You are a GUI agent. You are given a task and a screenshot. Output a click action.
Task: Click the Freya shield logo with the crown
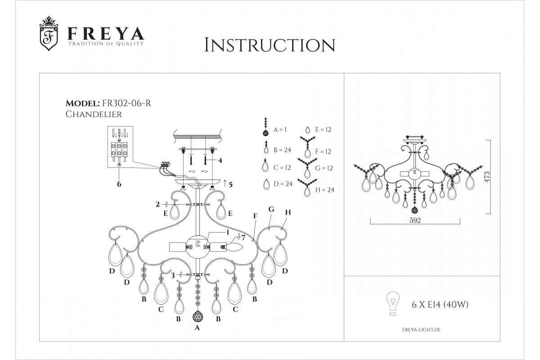[49, 33]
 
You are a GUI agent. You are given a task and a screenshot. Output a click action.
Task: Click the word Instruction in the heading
[270, 45]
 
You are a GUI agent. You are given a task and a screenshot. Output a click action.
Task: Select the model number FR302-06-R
[127, 103]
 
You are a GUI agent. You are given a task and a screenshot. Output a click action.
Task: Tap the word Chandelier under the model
[94, 114]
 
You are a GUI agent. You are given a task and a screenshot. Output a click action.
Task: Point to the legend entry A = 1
[280, 130]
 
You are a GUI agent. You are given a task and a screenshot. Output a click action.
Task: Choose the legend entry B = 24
[282, 150]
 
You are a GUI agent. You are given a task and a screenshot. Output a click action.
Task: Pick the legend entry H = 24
[325, 190]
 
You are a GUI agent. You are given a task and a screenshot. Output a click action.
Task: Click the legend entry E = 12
[323, 130]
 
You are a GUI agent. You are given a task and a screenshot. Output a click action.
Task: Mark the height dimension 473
[487, 177]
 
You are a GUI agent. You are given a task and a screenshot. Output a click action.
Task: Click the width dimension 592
[415, 220]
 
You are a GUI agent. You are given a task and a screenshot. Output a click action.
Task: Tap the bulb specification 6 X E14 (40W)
[440, 305]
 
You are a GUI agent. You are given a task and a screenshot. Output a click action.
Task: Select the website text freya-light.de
[421, 330]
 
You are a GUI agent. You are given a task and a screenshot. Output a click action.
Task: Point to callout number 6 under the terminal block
[119, 184]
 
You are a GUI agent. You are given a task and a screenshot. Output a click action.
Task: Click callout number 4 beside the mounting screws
[220, 160]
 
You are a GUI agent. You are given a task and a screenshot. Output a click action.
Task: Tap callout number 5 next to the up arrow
[230, 184]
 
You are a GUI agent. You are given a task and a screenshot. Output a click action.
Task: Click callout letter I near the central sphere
[227, 232]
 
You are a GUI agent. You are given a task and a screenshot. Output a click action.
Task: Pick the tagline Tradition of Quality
[106, 44]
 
